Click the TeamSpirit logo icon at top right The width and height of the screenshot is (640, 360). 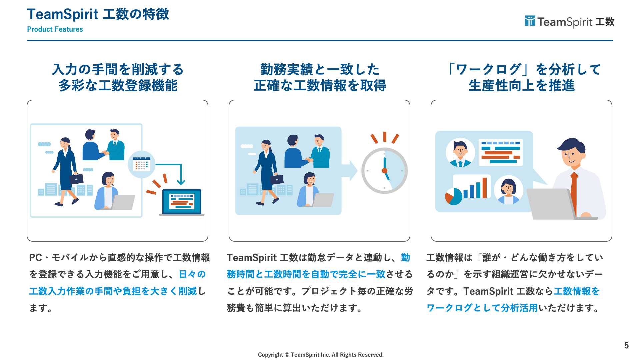[530, 21]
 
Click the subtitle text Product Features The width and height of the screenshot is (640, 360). [55, 29]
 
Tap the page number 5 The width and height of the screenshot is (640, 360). [626, 345]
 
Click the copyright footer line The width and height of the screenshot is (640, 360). [321, 355]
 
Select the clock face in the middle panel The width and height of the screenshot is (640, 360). [384, 171]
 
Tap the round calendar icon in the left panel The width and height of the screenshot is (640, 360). [141, 164]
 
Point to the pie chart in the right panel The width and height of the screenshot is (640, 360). [453, 196]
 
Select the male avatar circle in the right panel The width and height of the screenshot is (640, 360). [460, 153]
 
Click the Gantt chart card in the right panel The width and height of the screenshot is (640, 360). [500, 152]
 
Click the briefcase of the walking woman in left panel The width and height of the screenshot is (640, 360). [76, 179]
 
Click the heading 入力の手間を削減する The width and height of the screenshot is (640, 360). [118, 69]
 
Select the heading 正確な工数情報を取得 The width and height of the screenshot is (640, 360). [320, 86]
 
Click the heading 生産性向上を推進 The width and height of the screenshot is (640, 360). [521, 86]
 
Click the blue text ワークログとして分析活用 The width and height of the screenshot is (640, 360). [482, 308]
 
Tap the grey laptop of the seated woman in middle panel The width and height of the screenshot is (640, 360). [323, 200]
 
